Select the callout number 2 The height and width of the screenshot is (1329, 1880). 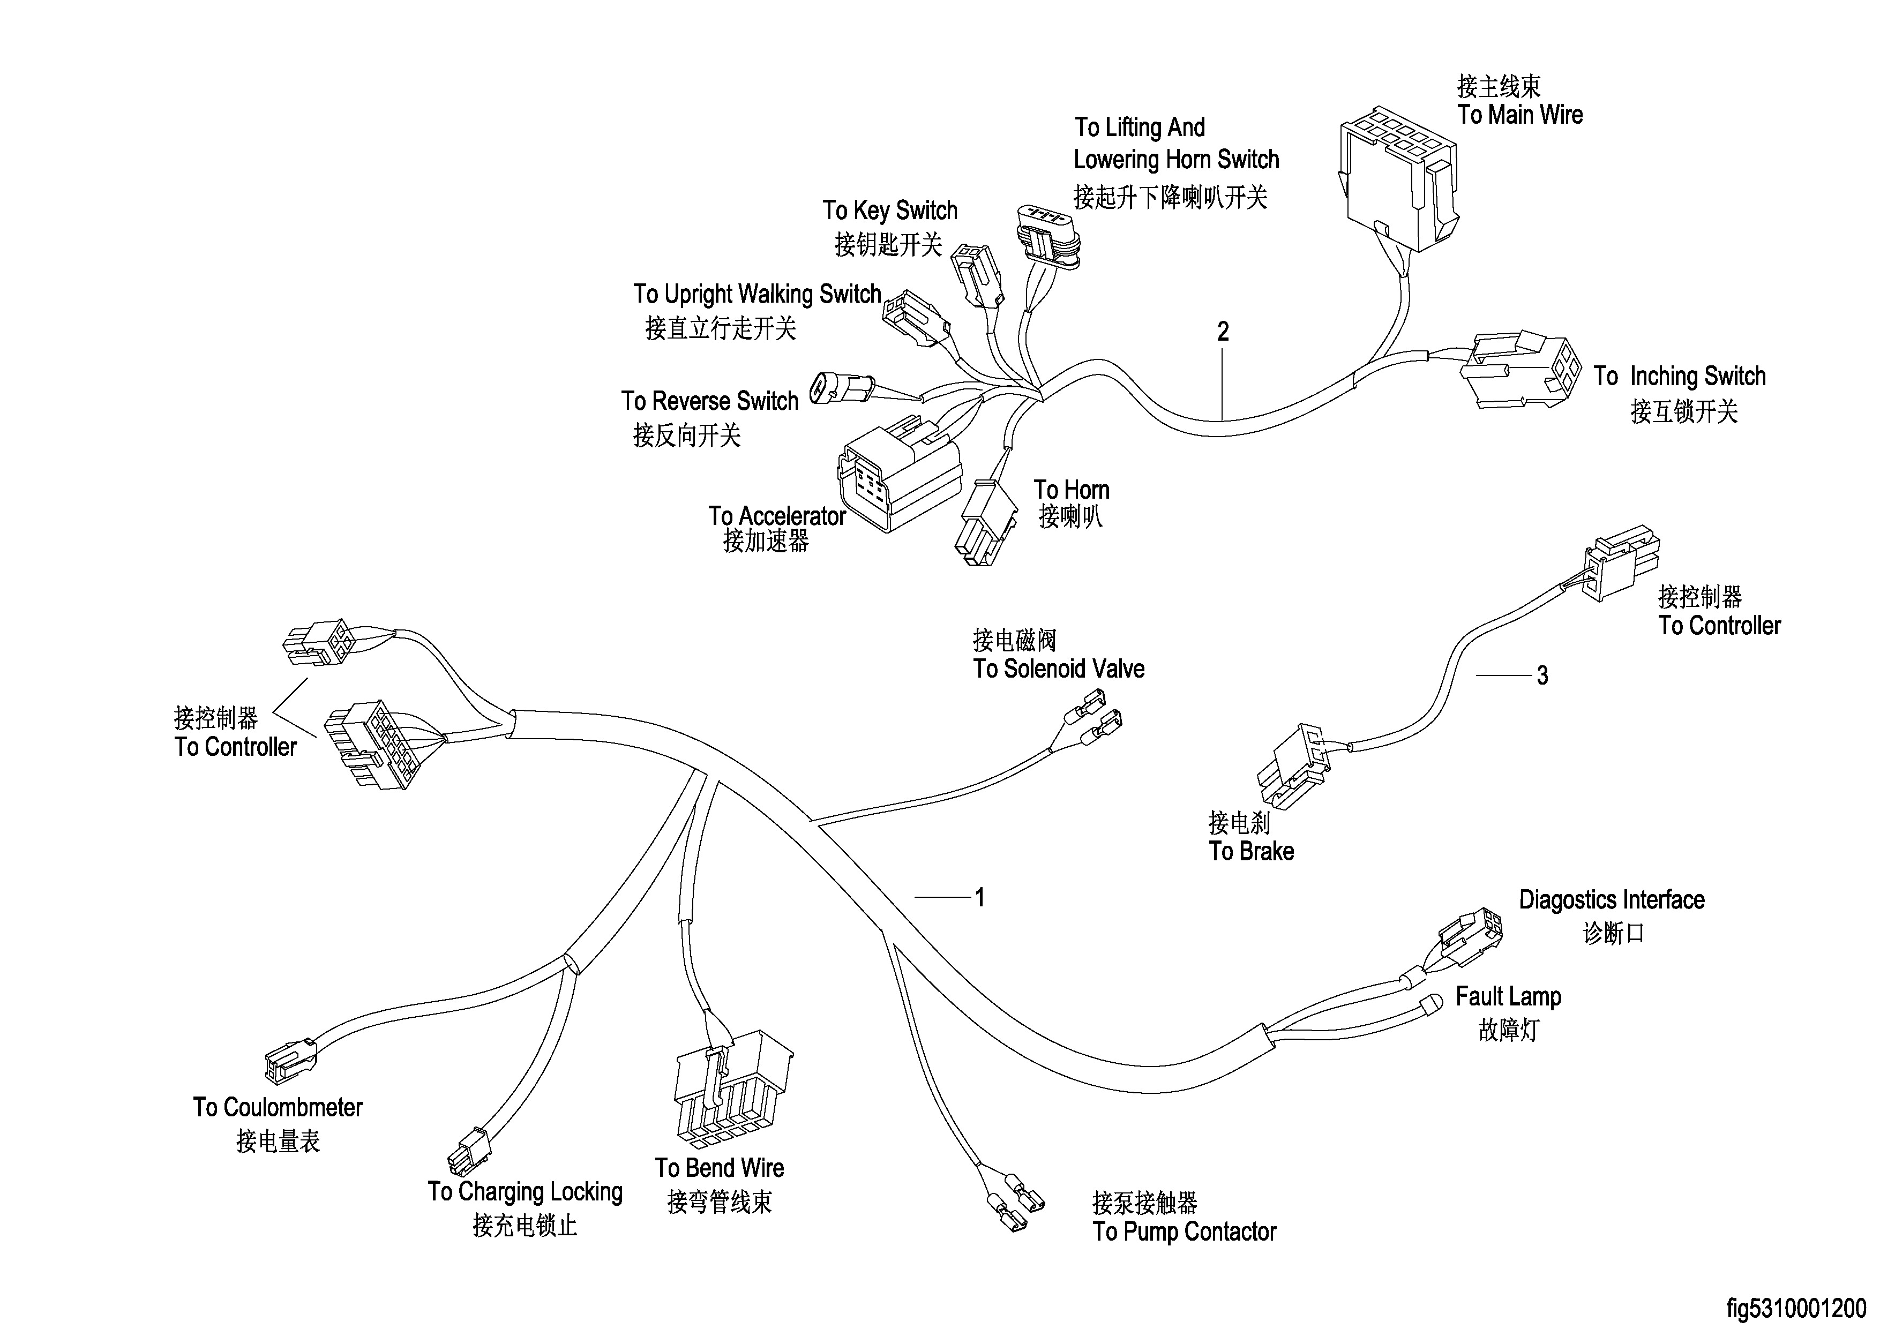tap(1223, 332)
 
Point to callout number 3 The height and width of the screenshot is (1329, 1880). tap(1542, 675)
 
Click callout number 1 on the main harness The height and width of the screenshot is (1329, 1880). tap(979, 897)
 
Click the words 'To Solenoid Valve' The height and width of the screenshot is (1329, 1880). tap(1058, 669)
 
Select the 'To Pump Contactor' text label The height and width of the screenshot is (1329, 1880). tap(1184, 1232)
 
